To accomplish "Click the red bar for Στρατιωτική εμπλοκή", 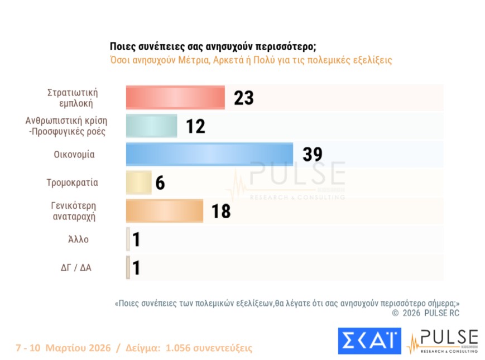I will coord(175,98).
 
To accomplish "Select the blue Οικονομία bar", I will coord(209,155).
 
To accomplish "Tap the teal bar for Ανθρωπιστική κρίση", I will coord(151,126).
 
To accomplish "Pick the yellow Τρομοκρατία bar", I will coord(138,183).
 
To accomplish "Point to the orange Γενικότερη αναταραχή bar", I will coord(164,211).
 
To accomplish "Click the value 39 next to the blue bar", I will coord(312,155).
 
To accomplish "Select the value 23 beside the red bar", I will coord(243,98).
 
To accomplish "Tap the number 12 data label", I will coord(195,127).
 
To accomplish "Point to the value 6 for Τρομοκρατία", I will coord(160,183).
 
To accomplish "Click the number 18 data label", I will coord(221,212).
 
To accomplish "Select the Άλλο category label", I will coord(78,239).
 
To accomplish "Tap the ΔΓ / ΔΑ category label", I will coord(76,267).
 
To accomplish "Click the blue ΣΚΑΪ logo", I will coord(369,340).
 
